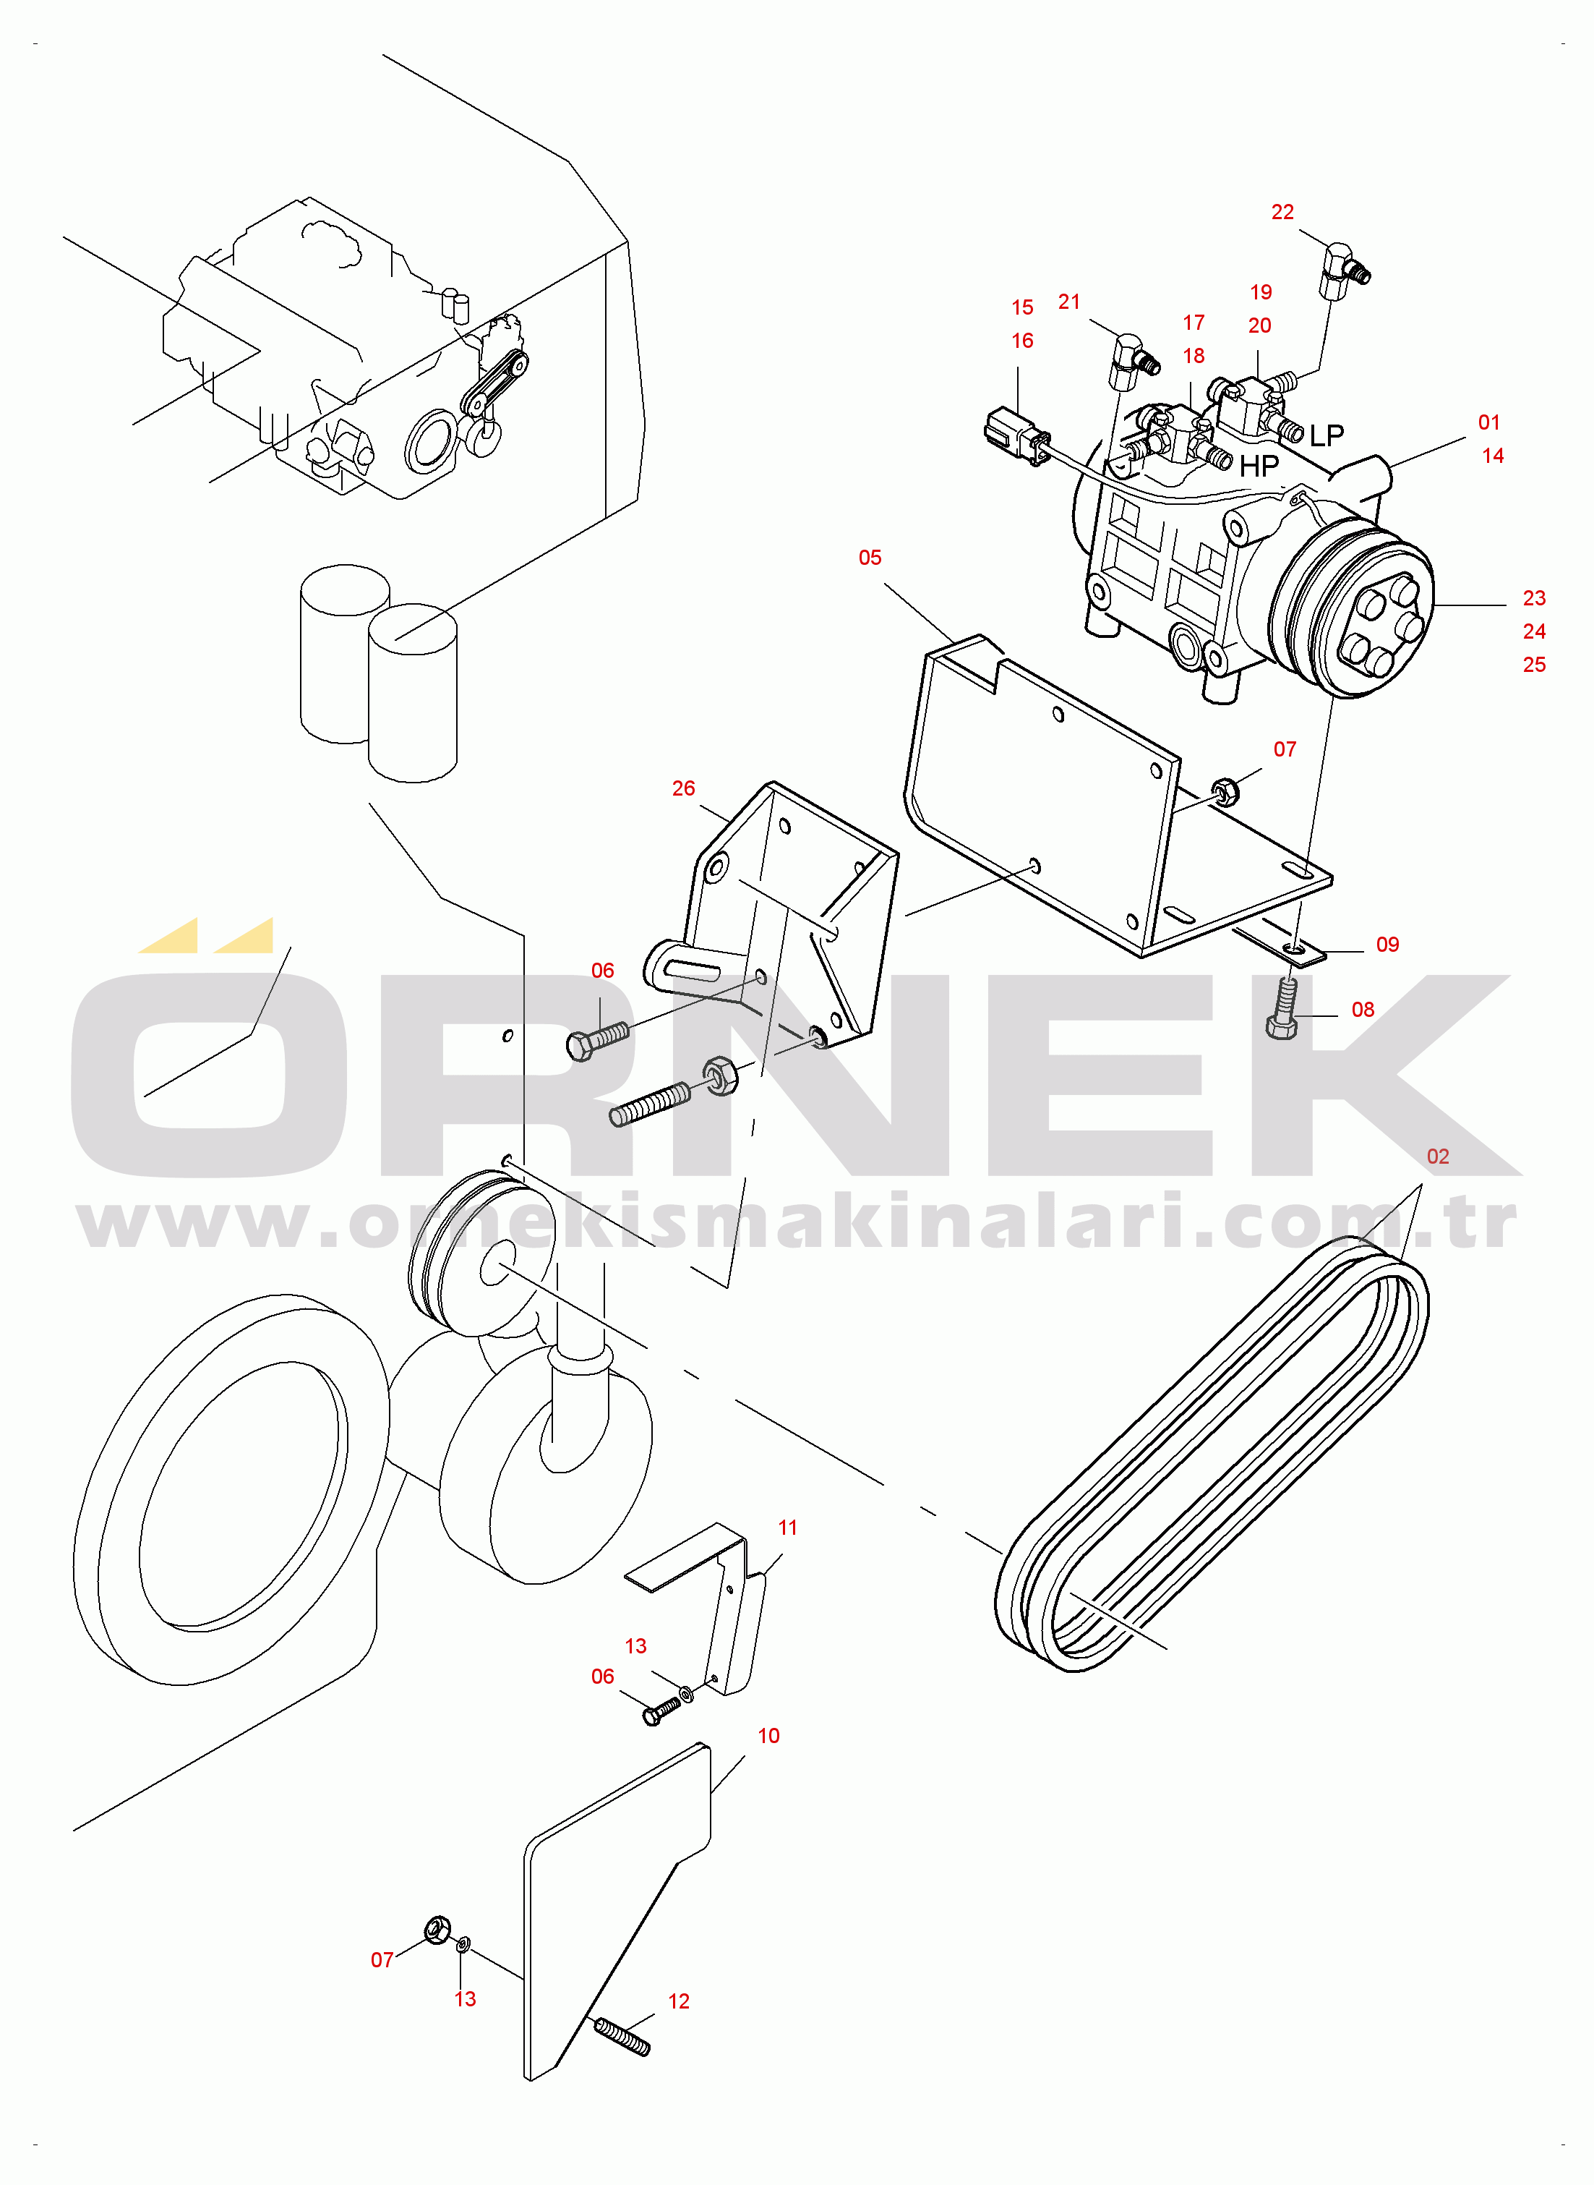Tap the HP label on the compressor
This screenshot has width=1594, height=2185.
point(1259,466)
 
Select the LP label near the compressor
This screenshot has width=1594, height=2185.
point(1326,435)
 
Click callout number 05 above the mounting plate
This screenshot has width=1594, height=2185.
point(870,558)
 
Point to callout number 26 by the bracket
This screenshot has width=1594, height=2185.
point(683,788)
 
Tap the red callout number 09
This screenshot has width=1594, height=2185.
point(1387,945)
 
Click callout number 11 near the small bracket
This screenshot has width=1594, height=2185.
point(787,1528)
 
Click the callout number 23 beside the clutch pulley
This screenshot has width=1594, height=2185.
point(1533,598)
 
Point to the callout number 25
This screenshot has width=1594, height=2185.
point(1533,665)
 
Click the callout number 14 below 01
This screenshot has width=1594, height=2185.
point(1492,456)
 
